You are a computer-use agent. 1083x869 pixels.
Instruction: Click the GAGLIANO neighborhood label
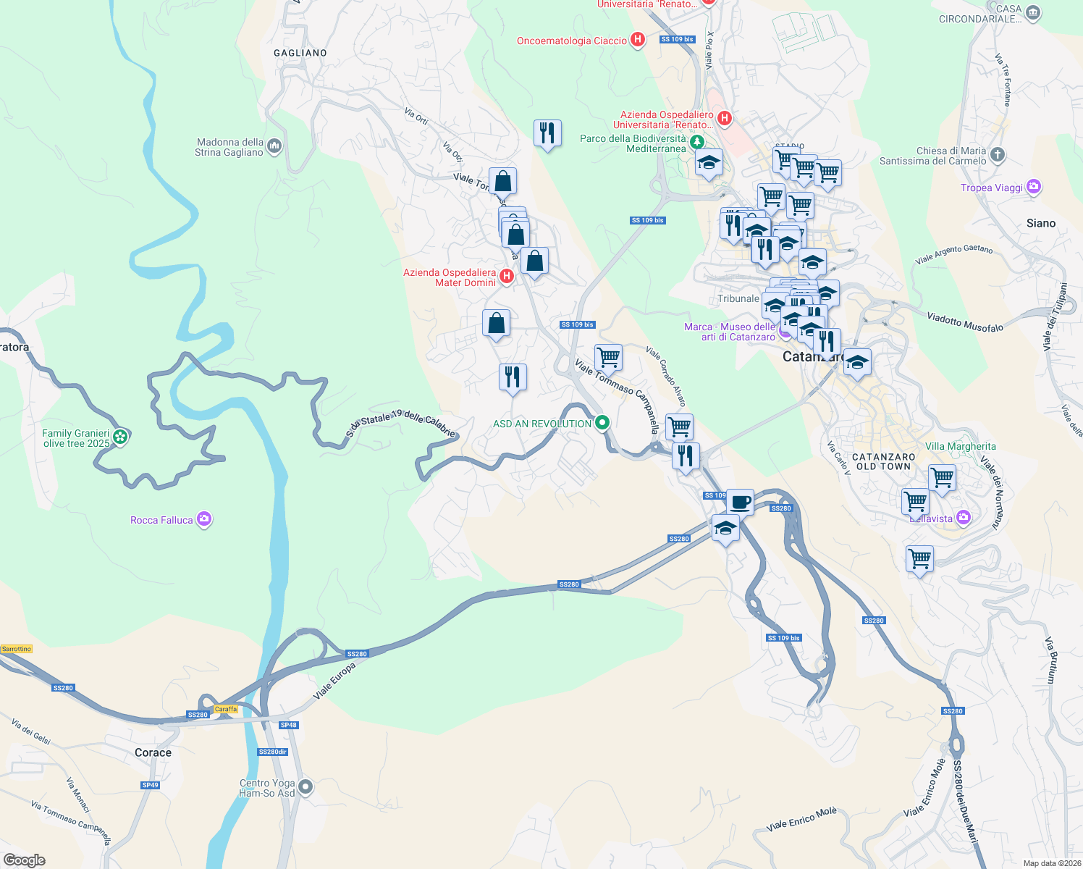[x=300, y=53]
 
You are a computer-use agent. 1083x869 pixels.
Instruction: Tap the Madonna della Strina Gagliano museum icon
[x=274, y=146]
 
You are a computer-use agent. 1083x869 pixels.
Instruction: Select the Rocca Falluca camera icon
[x=204, y=519]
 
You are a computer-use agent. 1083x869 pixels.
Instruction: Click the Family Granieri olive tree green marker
[x=120, y=437]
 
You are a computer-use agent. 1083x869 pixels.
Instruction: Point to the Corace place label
[x=153, y=752]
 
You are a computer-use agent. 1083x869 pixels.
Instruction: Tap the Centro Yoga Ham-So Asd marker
[x=305, y=786]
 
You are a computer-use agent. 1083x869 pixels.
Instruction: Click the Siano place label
[x=1040, y=223]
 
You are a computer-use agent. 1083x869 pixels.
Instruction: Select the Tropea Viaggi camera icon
[x=1033, y=187]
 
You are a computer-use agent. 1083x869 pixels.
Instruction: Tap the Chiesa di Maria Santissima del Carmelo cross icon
[x=998, y=154]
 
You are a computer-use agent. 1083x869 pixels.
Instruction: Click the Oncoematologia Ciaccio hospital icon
[x=638, y=40]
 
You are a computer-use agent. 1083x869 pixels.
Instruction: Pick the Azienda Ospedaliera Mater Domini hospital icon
[x=507, y=276]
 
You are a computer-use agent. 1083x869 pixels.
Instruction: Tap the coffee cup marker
[x=740, y=501]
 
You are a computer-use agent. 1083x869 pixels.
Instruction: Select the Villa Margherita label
[x=960, y=447]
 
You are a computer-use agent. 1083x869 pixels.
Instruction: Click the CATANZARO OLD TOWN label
[x=883, y=461]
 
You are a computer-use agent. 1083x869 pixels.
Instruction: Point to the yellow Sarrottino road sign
[x=17, y=649]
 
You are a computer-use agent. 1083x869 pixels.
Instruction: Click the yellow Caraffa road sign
[x=226, y=709]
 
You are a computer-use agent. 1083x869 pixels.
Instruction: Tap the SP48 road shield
[x=288, y=725]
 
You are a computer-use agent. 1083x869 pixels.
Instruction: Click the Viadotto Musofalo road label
[x=965, y=322]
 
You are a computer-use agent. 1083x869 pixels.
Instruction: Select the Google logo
[x=25, y=860]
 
